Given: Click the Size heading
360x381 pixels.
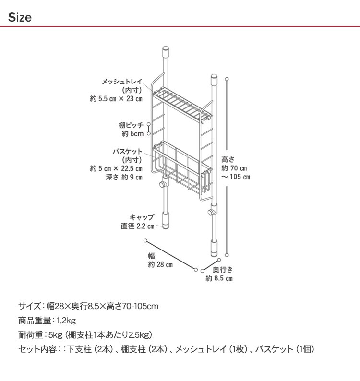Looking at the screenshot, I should click(20, 18).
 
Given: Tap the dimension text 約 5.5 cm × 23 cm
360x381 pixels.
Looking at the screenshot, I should click(116, 99).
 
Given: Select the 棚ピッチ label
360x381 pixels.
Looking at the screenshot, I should click(131, 125).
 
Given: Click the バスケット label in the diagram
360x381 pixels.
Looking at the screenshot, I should click(128, 151).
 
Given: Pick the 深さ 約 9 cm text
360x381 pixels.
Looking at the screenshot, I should click(124, 177).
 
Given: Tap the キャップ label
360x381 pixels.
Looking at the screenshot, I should click(142, 217).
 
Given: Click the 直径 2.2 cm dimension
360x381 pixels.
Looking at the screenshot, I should click(137, 226).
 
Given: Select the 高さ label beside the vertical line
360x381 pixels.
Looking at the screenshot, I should click(228, 159).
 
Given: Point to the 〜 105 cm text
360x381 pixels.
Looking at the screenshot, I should click(236, 177).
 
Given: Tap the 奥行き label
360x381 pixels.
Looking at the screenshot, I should click(223, 270).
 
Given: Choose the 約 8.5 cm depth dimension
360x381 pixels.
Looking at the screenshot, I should click(219, 278).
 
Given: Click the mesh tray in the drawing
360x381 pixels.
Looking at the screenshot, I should click(184, 103).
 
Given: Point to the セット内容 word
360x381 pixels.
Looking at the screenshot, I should click(37, 349).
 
